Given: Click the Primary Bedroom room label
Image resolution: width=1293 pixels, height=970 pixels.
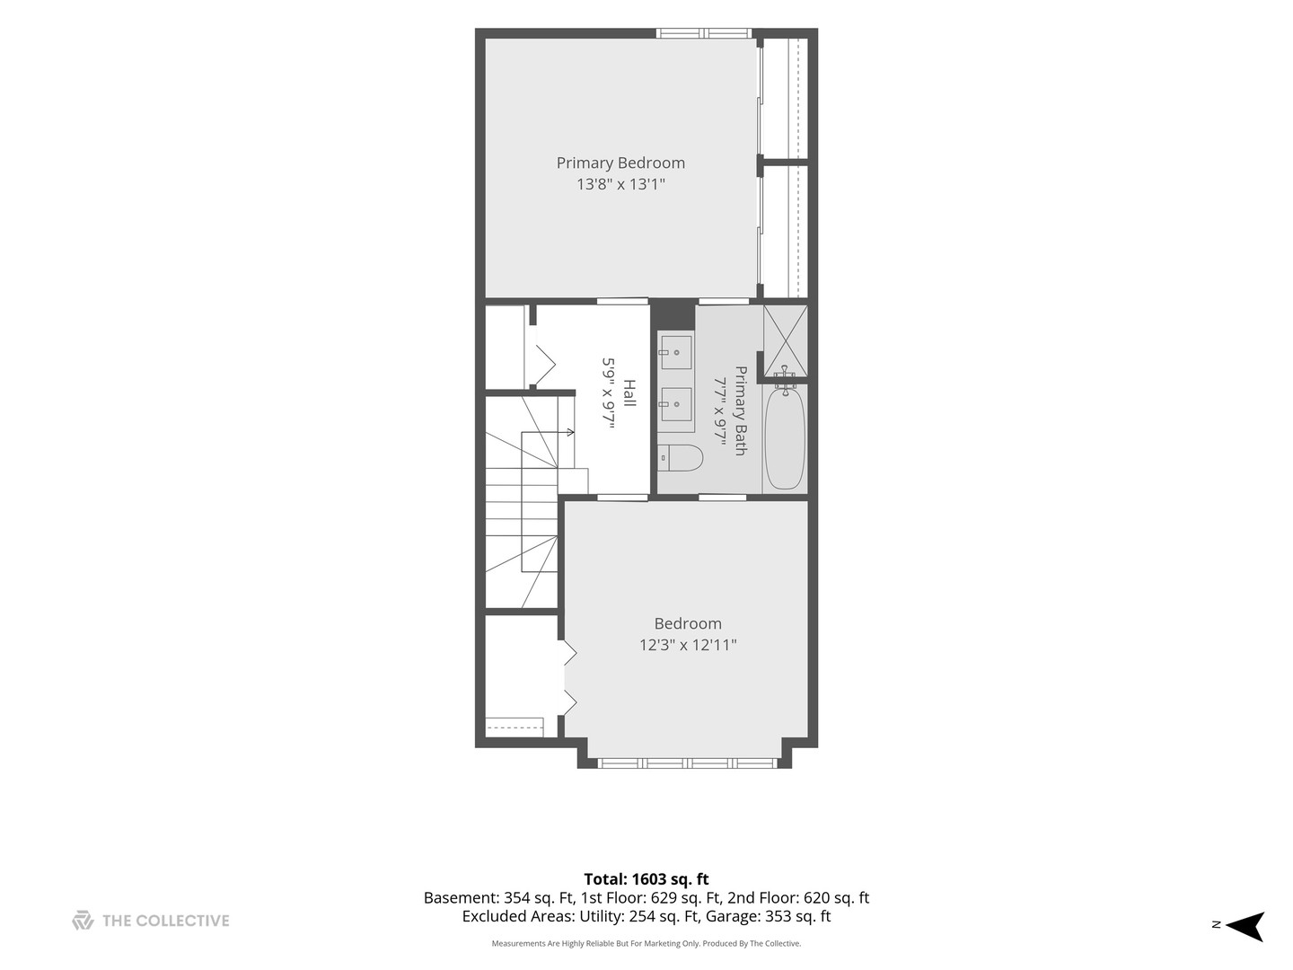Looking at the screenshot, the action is (620, 163).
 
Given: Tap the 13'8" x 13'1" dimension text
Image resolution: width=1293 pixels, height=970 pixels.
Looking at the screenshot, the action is (620, 184).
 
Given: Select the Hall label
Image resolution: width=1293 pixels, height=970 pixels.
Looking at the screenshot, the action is (629, 392).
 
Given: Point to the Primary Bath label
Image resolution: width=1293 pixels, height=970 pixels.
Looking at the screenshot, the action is (741, 410).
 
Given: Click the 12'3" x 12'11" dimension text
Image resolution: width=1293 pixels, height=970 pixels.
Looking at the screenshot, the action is (688, 645).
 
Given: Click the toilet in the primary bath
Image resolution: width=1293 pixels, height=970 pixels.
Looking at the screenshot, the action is (681, 458).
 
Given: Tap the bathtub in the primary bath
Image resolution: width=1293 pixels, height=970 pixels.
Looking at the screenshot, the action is (785, 437).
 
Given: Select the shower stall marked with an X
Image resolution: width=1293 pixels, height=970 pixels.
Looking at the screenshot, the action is (785, 339).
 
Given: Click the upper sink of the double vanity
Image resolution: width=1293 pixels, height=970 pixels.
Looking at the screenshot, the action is (675, 352).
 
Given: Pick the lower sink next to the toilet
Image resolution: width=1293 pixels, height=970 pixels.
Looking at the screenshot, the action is (675, 404).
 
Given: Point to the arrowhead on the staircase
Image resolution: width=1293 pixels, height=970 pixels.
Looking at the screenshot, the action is (570, 432).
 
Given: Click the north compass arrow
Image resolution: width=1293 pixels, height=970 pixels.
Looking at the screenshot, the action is (1245, 926).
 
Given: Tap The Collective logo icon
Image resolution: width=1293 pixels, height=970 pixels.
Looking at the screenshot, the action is (84, 920).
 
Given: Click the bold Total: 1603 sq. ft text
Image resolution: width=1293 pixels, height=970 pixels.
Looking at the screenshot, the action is (646, 878).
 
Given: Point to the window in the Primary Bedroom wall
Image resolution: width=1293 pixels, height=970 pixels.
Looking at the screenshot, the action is (705, 33).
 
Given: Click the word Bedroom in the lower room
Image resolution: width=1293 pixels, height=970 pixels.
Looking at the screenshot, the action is (688, 623).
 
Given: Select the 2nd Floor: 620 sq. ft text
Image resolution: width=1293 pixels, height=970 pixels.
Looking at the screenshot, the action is (798, 897).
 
